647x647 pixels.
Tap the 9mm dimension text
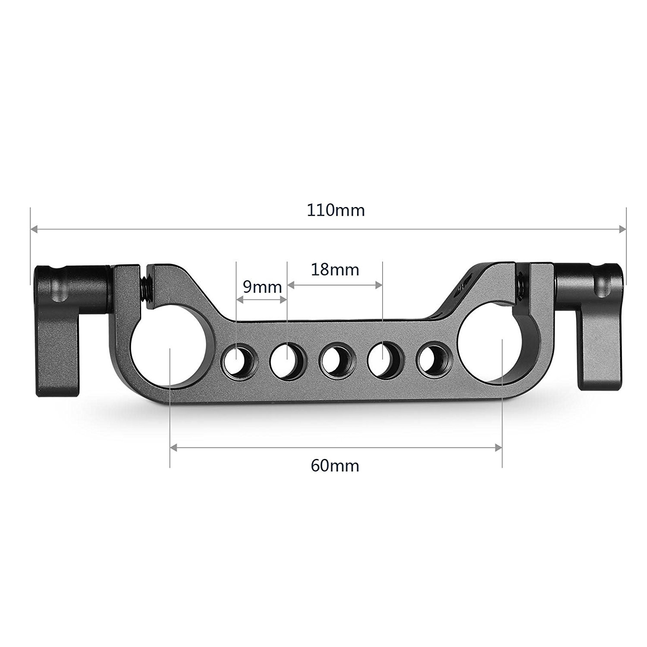point(262,287)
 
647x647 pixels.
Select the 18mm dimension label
point(335,270)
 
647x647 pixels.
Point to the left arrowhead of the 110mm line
point(35,230)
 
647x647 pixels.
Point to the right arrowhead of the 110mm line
point(621,230)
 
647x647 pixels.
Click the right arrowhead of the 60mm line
point(499,448)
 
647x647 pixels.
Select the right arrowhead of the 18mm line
point(379,285)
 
